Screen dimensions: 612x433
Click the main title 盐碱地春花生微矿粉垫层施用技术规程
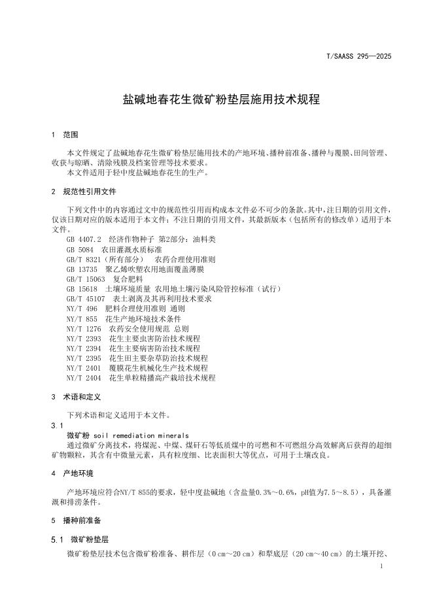[x=222, y=100]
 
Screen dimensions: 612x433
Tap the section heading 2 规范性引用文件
[x=84, y=192]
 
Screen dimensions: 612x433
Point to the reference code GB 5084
[x=81, y=250]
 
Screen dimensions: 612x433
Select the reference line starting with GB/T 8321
[x=141, y=260]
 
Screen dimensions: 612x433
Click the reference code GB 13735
[x=82, y=269]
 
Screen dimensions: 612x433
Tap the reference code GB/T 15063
[x=86, y=279]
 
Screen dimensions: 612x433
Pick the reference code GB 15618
[x=82, y=289]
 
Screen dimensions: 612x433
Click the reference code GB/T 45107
[x=86, y=299]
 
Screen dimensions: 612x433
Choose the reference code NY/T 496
[x=82, y=309]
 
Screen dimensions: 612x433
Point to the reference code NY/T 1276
[x=84, y=328]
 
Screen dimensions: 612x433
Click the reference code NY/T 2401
[x=84, y=368]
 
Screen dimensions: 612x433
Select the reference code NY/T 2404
[x=84, y=378]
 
